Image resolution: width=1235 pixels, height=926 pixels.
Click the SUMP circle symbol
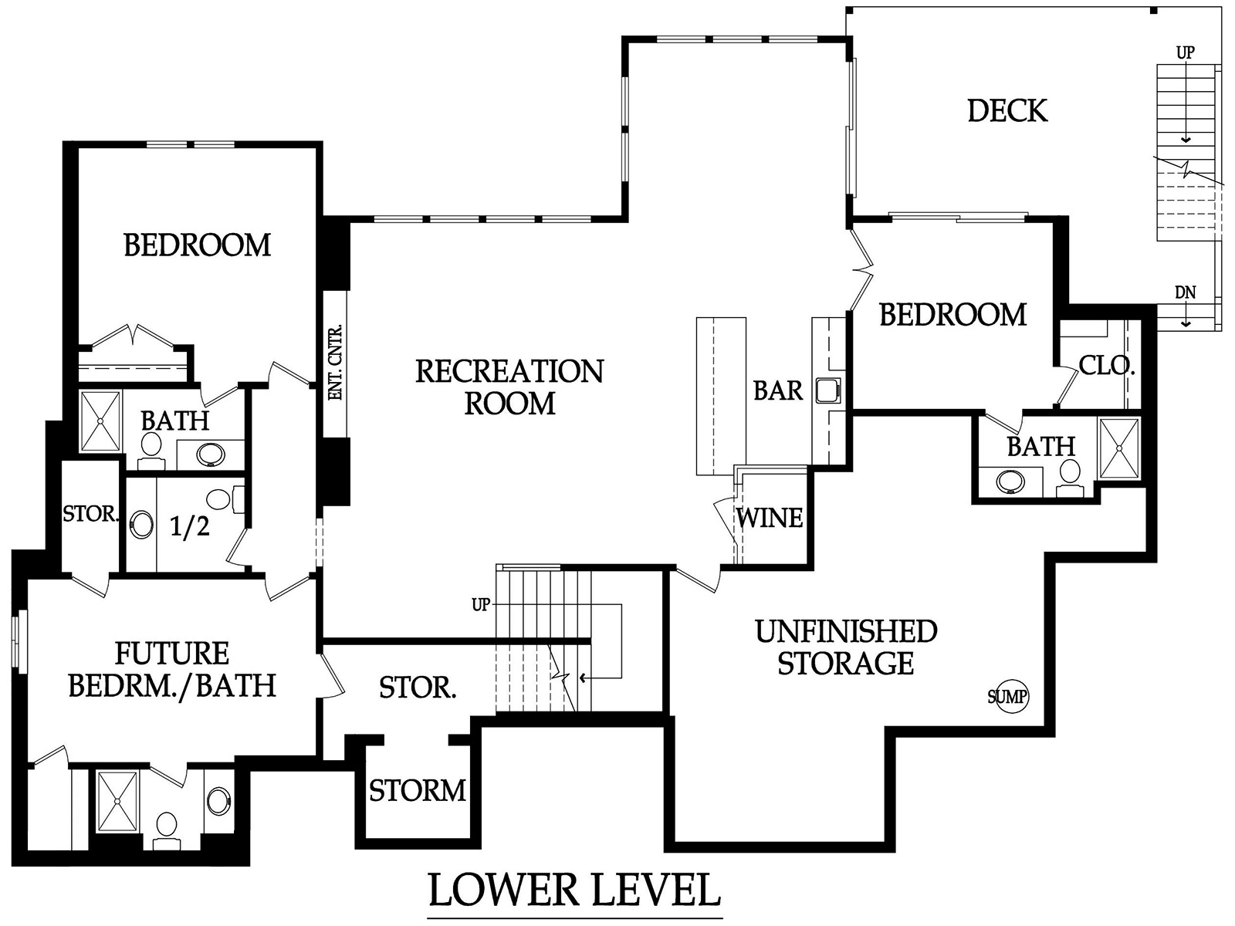tap(1008, 697)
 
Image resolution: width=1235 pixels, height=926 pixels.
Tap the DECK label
tap(1007, 111)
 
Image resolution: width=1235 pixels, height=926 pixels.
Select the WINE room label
tap(769, 518)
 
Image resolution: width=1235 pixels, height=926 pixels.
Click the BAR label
tap(777, 390)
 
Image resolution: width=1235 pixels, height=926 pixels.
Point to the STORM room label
tap(418, 790)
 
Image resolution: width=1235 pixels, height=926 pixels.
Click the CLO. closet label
tap(1106, 366)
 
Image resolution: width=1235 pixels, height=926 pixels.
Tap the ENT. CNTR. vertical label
tap(335, 362)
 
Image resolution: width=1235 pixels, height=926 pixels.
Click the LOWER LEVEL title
tap(574, 890)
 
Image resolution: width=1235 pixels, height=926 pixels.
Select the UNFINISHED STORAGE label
tap(846, 647)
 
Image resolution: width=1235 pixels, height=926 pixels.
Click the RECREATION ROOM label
tap(509, 387)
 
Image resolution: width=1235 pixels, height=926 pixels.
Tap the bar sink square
tap(828, 390)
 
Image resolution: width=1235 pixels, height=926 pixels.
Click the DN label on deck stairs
tap(1185, 292)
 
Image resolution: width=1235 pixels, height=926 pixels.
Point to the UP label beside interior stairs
tap(481, 605)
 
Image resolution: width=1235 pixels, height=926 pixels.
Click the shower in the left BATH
tap(100, 421)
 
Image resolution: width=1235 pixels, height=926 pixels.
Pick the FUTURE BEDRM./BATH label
tap(172, 670)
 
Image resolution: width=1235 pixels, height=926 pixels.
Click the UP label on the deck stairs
tap(1185, 52)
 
